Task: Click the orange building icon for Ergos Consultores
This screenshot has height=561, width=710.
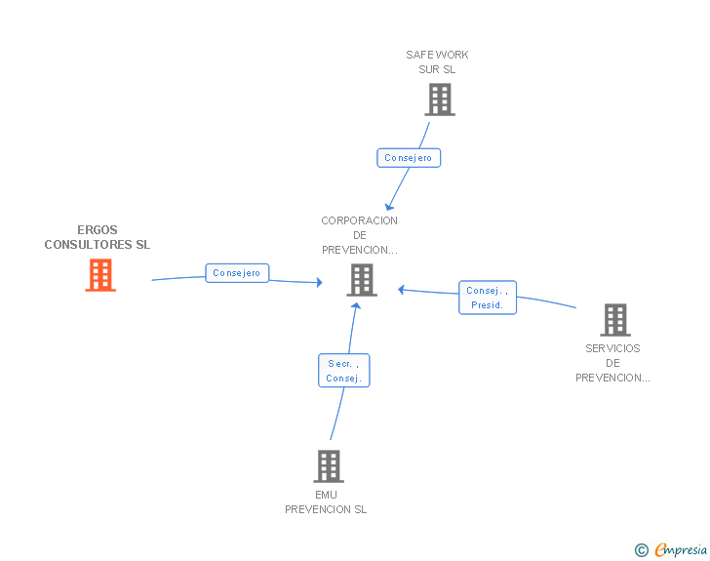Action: click(x=100, y=275)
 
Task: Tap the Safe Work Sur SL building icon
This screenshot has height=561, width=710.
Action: click(x=440, y=100)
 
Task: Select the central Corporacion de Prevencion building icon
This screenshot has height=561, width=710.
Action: click(x=362, y=281)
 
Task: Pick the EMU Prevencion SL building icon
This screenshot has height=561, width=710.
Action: click(x=329, y=466)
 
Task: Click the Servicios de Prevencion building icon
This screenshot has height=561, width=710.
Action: click(x=615, y=320)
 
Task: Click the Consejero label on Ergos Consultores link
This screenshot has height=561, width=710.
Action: click(x=237, y=273)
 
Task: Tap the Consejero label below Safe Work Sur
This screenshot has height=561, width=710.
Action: click(x=409, y=158)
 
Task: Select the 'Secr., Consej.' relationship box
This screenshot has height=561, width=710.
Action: click(x=344, y=371)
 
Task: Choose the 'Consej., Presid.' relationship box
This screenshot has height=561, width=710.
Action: click(x=488, y=298)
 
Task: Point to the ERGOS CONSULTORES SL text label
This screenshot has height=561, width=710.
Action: click(x=98, y=237)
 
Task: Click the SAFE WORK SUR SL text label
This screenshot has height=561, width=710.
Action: click(x=437, y=62)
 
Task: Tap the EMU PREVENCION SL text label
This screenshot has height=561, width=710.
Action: click(x=326, y=502)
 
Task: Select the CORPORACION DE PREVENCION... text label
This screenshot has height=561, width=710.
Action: click(x=360, y=235)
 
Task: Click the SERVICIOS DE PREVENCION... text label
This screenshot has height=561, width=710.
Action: click(x=612, y=363)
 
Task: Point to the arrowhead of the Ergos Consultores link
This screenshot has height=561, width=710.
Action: click(x=320, y=282)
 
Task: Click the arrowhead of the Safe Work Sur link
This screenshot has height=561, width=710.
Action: click(x=388, y=207)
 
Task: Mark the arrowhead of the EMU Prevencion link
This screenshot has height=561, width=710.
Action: click(x=356, y=306)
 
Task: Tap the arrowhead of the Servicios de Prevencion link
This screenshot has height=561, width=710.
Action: click(x=401, y=290)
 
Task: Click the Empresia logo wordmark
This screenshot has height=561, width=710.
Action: click(x=681, y=549)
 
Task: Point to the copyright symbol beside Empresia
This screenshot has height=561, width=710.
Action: click(x=642, y=550)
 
